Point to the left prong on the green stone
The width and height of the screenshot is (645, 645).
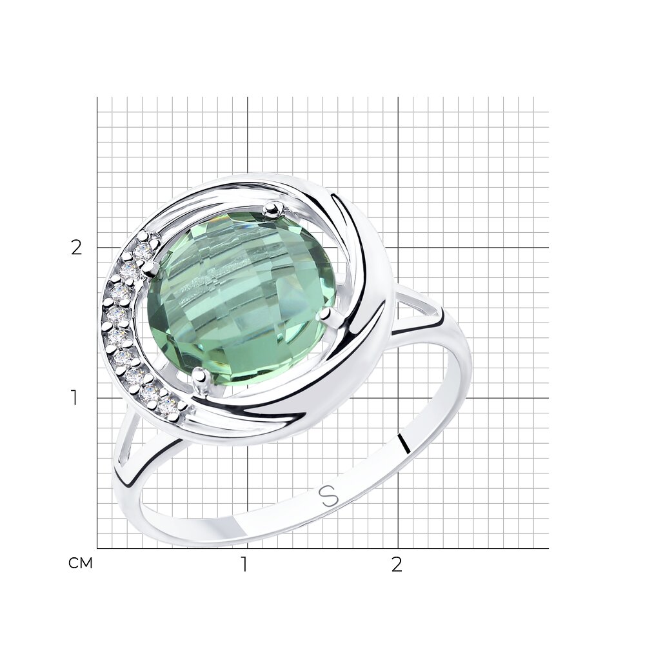pyautogui.click(x=148, y=268)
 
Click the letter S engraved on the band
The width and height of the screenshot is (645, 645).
pyautogui.click(x=329, y=496)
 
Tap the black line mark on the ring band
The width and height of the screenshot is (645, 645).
pyautogui.click(x=405, y=443)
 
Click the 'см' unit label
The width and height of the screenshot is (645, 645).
pyautogui.click(x=80, y=563)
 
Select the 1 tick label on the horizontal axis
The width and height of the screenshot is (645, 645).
pyautogui.click(x=244, y=564)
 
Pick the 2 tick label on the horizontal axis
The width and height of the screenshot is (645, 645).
pyautogui.click(x=396, y=564)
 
